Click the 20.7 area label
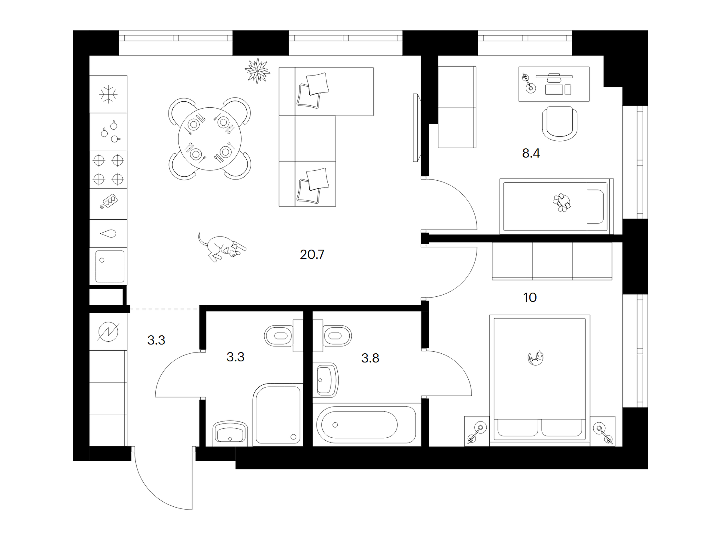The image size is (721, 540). pos(312,254)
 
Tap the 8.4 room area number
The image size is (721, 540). pos(531,153)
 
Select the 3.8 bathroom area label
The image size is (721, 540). pos(370,358)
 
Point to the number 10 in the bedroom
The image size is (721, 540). pos(530,297)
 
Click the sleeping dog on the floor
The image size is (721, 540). pos(222,247)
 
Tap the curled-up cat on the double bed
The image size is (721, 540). pos(536,358)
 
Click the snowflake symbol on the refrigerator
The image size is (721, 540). pos(108,94)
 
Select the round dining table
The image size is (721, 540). pos(210,139)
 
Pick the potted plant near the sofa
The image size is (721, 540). pos(257,70)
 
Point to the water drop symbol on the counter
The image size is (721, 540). pos(108,233)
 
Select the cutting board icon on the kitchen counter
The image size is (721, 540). pos(108,201)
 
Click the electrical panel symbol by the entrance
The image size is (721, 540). pos(108,332)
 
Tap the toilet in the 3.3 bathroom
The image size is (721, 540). pos(279,336)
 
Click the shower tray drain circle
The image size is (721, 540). pos(293,436)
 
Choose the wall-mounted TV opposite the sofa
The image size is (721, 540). pos(416,127)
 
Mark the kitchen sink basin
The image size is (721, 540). pos(110,266)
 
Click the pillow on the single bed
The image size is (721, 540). pos(595,207)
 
